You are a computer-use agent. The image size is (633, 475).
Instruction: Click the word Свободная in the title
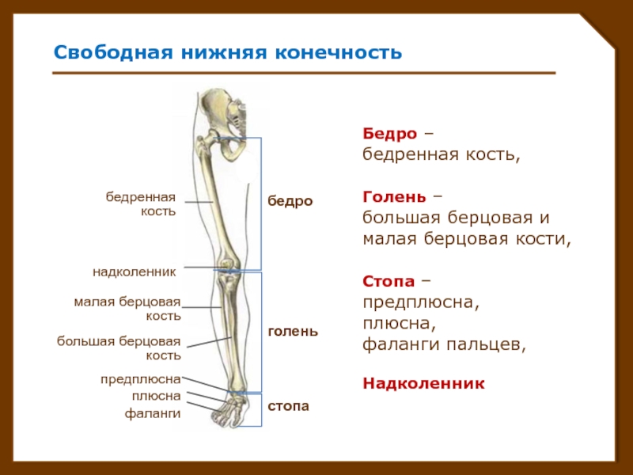(113, 52)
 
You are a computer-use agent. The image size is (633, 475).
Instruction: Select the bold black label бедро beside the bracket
(290, 201)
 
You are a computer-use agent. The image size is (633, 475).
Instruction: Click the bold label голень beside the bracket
(293, 331)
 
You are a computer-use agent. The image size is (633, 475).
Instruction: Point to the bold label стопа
(288, 406)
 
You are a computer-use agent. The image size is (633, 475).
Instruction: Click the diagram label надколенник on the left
(135, 272)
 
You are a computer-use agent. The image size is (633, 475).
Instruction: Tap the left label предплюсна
(141, 380)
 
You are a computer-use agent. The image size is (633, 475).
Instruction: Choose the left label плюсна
(156, 397)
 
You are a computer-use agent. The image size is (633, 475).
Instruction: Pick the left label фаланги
(153, 413)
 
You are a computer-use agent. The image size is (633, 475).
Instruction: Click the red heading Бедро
(389, 134)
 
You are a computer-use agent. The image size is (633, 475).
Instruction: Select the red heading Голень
(394, 197)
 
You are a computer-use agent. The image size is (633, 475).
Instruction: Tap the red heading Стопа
(389, 281)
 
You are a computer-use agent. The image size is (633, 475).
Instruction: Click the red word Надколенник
(423, 383)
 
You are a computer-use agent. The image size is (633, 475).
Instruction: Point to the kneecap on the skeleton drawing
(228, 264)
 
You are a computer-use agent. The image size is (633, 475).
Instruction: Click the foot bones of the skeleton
(230, 411)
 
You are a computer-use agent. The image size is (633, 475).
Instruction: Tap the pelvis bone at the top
(223, 117)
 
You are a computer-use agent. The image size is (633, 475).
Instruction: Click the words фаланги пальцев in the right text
(444, 345)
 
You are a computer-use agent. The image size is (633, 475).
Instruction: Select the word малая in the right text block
(389, 239)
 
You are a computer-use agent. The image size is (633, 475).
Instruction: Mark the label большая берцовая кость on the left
(119, 348)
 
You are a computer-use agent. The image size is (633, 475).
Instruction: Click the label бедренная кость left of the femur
(141, 204)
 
